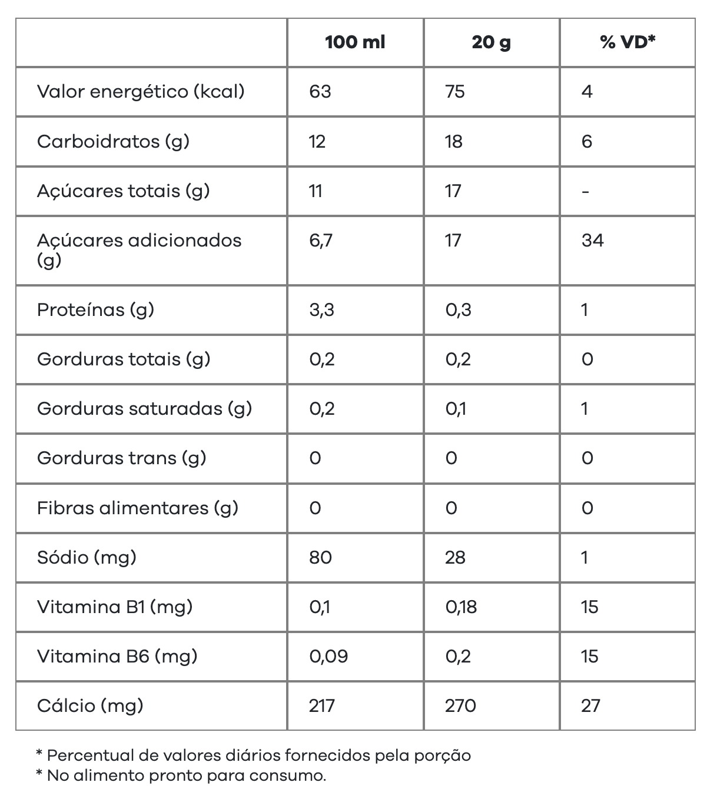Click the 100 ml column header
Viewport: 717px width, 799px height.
[355, 42]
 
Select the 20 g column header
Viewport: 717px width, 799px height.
[491, 42]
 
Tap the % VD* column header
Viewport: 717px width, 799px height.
[628, 42]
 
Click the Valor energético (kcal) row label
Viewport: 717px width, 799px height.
[141, 91]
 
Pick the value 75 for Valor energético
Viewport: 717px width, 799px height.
[455, 91]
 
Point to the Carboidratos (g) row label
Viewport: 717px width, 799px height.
[113, 141]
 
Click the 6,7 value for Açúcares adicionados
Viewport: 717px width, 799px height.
[321, 240]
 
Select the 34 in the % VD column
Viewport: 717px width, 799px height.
[592, 240]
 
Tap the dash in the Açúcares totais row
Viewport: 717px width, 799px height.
[585, 191]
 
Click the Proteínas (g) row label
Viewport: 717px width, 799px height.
[95, 309]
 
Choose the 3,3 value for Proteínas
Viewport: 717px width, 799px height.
[321, 309]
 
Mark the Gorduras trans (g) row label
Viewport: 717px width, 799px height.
[121, 458]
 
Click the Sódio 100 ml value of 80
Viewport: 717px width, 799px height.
[320, 557]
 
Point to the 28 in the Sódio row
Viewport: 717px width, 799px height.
[455, 557]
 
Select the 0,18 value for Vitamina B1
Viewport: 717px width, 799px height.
[461, 607]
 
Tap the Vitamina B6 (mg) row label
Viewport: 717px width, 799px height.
[117, 656]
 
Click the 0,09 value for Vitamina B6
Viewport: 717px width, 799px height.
[328, 656]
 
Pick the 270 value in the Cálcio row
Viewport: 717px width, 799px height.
[460, 705]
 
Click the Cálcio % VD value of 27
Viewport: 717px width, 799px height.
[590, 705]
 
